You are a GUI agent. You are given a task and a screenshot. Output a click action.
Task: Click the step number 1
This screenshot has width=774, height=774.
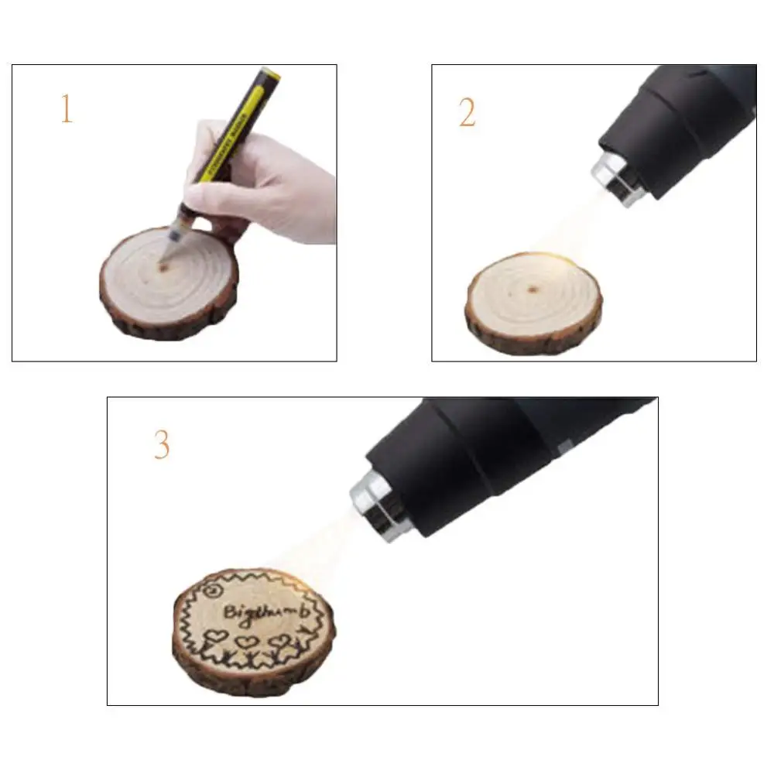click(67, 109)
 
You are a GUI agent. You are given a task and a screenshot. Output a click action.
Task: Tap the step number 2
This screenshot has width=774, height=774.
click(467, 114)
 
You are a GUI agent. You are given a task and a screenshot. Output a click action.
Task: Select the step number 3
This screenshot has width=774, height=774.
click(161, 445)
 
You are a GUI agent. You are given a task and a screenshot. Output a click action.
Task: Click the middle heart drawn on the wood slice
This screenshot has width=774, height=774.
click(247, 642)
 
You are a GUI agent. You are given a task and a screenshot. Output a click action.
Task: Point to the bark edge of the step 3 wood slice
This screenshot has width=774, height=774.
click(232, 681)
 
